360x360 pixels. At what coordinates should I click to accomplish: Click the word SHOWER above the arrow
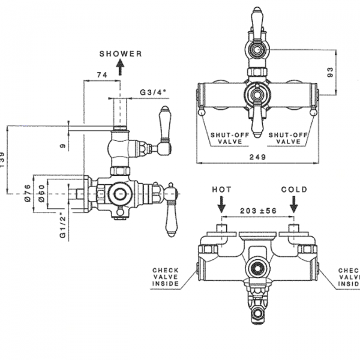[x=121, y=53]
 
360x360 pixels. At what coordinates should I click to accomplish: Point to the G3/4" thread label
[x=153, y=92]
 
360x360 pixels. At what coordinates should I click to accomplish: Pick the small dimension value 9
[x=62, y=145]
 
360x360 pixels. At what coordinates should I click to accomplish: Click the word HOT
[x=222, y=190]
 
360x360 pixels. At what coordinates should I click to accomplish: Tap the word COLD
[x=294, y=190]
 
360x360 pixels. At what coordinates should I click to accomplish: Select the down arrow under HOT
[x=222, y=205]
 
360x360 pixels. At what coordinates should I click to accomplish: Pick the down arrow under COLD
[x=293, y=205]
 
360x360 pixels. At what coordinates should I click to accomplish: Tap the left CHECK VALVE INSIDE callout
[x=166, y=277]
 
